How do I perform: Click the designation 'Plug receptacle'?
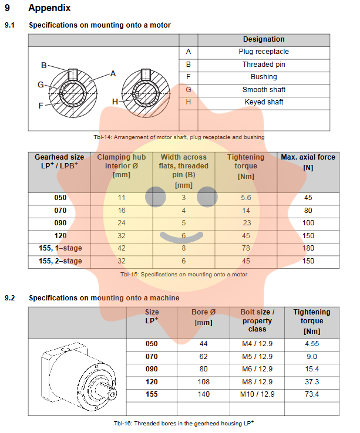coord(264,52)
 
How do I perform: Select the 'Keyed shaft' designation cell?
coord(264,102)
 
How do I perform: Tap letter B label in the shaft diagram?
coord(44,65)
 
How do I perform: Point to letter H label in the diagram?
coord(115,102)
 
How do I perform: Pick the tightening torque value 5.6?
coord(246,198)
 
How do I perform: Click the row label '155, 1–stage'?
coord(60,248)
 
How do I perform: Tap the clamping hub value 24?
coord(122,223)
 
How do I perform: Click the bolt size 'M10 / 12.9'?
coord(257,394)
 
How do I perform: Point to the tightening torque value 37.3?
coord(312,381)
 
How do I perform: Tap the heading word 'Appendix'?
coord(49,8)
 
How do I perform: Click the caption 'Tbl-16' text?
coord(183,423)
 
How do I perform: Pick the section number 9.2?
coord(10,298)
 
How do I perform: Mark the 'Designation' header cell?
coord(264,39)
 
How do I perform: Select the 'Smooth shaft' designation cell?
coord(264,90)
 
